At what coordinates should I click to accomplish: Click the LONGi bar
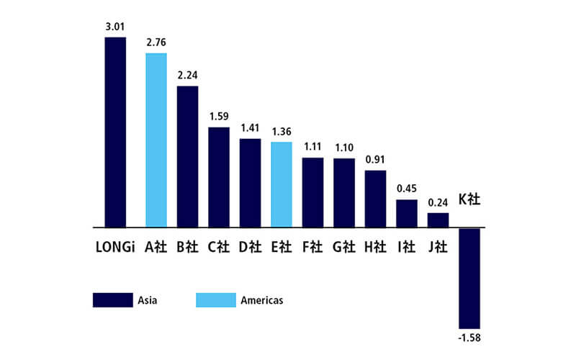pos(115,132)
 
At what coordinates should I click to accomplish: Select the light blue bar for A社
pos(156,140)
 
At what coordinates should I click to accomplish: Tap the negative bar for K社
pos(469,277)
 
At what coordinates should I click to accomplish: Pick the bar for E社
pos(281,184)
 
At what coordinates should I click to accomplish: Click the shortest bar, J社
pos(438,220)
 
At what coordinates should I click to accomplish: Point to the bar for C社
pos(219,177)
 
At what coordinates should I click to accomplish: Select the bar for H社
pos(375,199)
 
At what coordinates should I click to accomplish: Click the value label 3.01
pos(115,27)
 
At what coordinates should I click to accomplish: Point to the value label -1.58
pos(469,336)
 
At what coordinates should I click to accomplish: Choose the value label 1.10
pos(344,148)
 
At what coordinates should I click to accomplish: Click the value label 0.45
pos(407,189)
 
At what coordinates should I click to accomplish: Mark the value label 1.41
pos(250,129)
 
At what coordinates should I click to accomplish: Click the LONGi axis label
pos(115,247)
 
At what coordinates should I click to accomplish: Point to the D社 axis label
pos(250,247)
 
